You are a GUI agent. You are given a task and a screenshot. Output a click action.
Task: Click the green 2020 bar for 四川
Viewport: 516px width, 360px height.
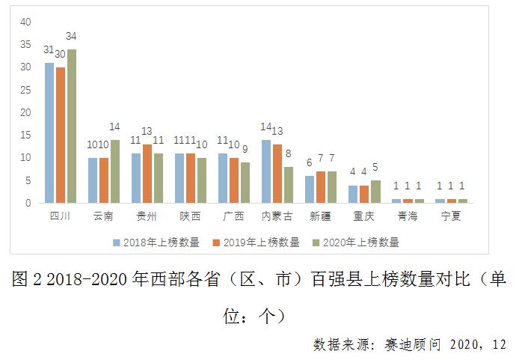72,126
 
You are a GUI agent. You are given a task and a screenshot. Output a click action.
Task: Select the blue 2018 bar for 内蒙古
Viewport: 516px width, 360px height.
265,171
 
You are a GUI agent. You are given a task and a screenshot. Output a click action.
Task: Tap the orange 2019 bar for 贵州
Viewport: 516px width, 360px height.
147,173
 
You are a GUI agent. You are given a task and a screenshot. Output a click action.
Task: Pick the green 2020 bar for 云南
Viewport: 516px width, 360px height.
115,171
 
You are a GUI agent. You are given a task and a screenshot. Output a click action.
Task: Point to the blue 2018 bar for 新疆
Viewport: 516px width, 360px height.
309,189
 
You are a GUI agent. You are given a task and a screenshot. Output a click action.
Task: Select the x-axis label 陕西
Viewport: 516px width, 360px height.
190,216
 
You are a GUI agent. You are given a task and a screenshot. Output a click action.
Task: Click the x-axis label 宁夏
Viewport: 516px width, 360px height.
451,216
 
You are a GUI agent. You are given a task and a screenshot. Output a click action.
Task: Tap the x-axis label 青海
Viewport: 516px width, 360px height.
407,216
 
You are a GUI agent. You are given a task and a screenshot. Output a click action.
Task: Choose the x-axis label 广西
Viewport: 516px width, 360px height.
233,216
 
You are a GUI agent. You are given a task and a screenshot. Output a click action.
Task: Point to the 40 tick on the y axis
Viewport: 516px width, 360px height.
25,22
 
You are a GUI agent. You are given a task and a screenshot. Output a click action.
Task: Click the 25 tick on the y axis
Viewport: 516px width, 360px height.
25,90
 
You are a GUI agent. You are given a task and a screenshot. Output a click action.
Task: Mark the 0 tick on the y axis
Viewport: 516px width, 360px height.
28,203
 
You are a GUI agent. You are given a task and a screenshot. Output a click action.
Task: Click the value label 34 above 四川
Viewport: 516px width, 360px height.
72,36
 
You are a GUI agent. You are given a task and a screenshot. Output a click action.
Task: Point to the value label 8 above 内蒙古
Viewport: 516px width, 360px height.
288,153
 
